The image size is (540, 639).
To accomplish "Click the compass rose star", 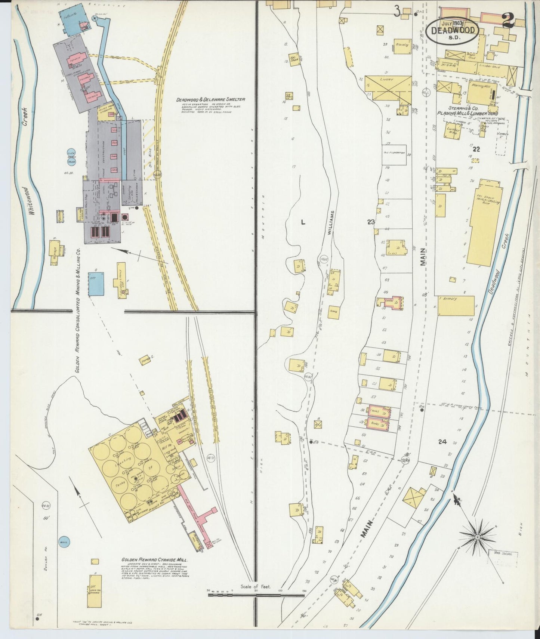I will tap(477, 537).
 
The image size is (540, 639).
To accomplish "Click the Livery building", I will tap(387, 88).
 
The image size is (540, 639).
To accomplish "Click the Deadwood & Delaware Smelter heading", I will tap(211, 100).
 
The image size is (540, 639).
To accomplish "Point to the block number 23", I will tap(371, 222).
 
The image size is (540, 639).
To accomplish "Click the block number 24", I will tap(442, 442).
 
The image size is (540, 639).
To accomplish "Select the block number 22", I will tap(476, 149).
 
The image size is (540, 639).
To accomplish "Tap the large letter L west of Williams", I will tap(303, 222).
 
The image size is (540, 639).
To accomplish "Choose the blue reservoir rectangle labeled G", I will tap(96, 284).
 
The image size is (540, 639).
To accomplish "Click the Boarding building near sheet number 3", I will tap(401, 46).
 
